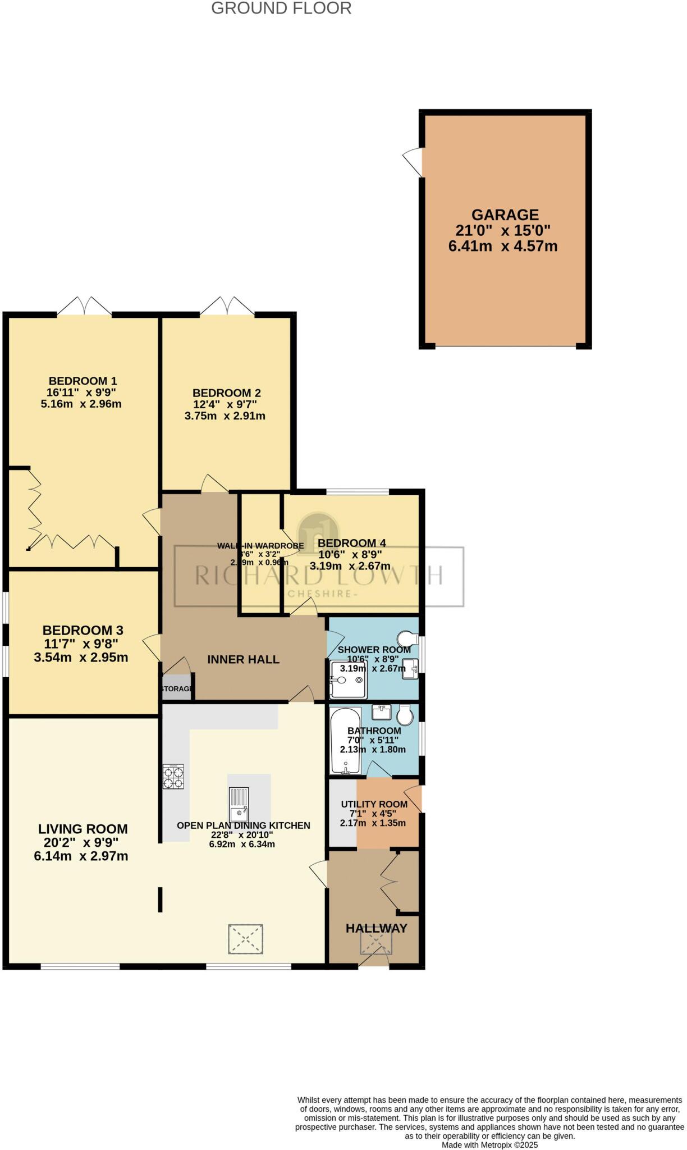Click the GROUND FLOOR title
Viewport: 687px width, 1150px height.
point(281,8)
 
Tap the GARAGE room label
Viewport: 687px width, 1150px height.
point(505,215)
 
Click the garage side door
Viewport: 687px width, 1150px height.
point(414,161)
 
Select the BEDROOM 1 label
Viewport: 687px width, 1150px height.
point(83,381)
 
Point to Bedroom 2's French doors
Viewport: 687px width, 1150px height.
point(227,306)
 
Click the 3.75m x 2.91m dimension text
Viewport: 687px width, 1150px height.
point(225,416)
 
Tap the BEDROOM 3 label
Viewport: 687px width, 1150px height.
point(83,631)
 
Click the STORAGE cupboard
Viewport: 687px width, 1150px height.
point(177,688)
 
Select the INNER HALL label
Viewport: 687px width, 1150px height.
point(243,660)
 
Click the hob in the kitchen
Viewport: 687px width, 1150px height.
point(173,777)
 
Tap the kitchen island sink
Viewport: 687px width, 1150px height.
point(239,804)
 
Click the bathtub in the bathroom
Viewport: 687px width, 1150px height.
point(345,741)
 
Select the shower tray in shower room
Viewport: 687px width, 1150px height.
point(347,679)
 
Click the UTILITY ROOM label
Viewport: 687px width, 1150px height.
point(374,804)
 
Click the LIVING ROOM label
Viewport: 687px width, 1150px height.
point(83,829)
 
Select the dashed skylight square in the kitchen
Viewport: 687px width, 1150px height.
point(245,939)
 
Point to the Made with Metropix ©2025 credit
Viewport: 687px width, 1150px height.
point(489,1145)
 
